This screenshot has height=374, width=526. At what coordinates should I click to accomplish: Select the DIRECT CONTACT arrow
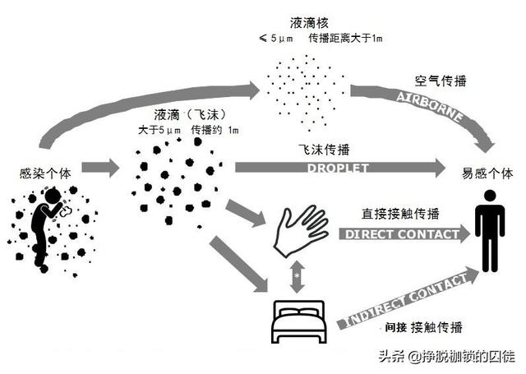click(403, 234)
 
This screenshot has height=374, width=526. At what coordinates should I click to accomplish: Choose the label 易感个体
click(487, 173)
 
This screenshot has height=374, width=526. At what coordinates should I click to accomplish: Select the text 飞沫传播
click(325, 150)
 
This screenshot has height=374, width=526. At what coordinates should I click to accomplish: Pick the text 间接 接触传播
click(422, 327)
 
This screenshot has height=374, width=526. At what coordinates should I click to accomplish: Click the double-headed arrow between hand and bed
click(296, 276)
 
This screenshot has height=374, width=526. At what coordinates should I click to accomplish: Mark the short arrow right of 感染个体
click(99, 169)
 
